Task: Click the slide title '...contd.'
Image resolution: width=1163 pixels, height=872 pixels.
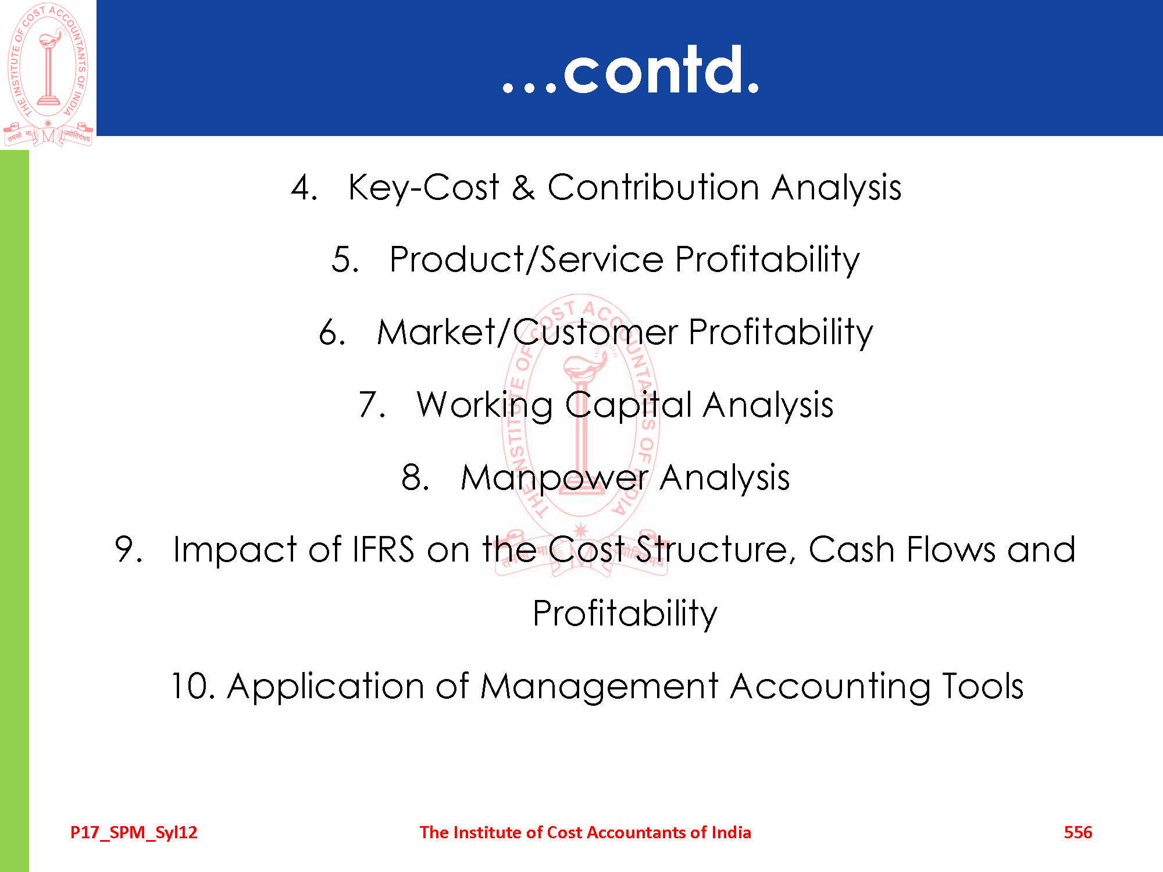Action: (631, 70)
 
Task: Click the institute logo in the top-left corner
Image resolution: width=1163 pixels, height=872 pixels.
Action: (48, 74)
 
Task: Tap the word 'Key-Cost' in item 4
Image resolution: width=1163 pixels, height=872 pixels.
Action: (423, 188)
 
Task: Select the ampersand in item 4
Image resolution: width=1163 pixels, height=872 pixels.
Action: (523, 187)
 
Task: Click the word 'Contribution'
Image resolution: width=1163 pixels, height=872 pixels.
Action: (653, 187)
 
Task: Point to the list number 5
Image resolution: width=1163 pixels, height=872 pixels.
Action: (345, 259)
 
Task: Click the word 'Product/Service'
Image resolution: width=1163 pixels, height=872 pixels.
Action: (526, 259)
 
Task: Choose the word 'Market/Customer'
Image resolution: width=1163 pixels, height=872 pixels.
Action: (527, 332)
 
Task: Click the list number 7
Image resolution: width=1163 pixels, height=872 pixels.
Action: (372, 405)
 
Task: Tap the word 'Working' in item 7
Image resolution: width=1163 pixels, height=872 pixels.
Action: (485, 405)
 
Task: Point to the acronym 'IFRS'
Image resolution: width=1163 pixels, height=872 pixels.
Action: (383, 549)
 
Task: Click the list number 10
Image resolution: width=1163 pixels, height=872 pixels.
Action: (193, 686)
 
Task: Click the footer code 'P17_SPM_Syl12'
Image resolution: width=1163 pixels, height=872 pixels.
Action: (134, 832)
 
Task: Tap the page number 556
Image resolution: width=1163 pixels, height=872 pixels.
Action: (1078, 832)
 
